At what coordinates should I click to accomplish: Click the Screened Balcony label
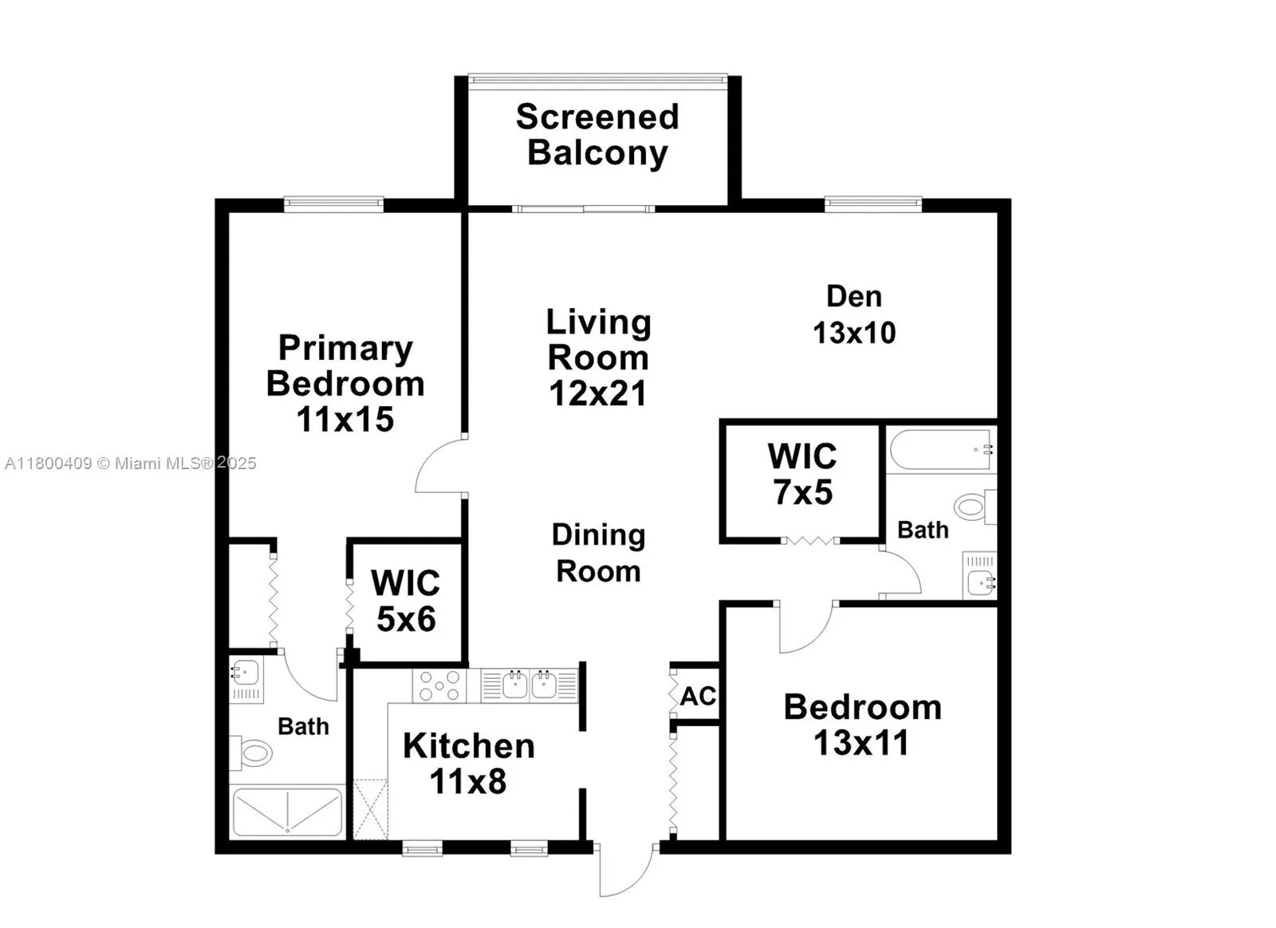597,134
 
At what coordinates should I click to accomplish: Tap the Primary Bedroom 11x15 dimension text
345,420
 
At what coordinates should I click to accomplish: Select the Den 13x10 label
854,314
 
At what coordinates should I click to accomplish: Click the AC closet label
698,696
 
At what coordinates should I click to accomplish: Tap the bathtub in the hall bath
940,451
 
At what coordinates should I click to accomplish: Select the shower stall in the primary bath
287,812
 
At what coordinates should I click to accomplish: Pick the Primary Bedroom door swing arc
439,465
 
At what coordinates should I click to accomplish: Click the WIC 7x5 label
802,475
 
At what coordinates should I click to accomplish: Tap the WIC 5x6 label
406,601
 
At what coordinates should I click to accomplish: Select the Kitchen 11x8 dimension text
468,781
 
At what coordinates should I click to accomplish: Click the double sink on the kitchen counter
530,685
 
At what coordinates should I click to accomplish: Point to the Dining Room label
598,553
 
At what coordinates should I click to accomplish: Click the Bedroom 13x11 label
862,725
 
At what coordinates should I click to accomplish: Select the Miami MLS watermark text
130,463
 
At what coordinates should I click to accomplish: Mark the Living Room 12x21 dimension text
598,393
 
